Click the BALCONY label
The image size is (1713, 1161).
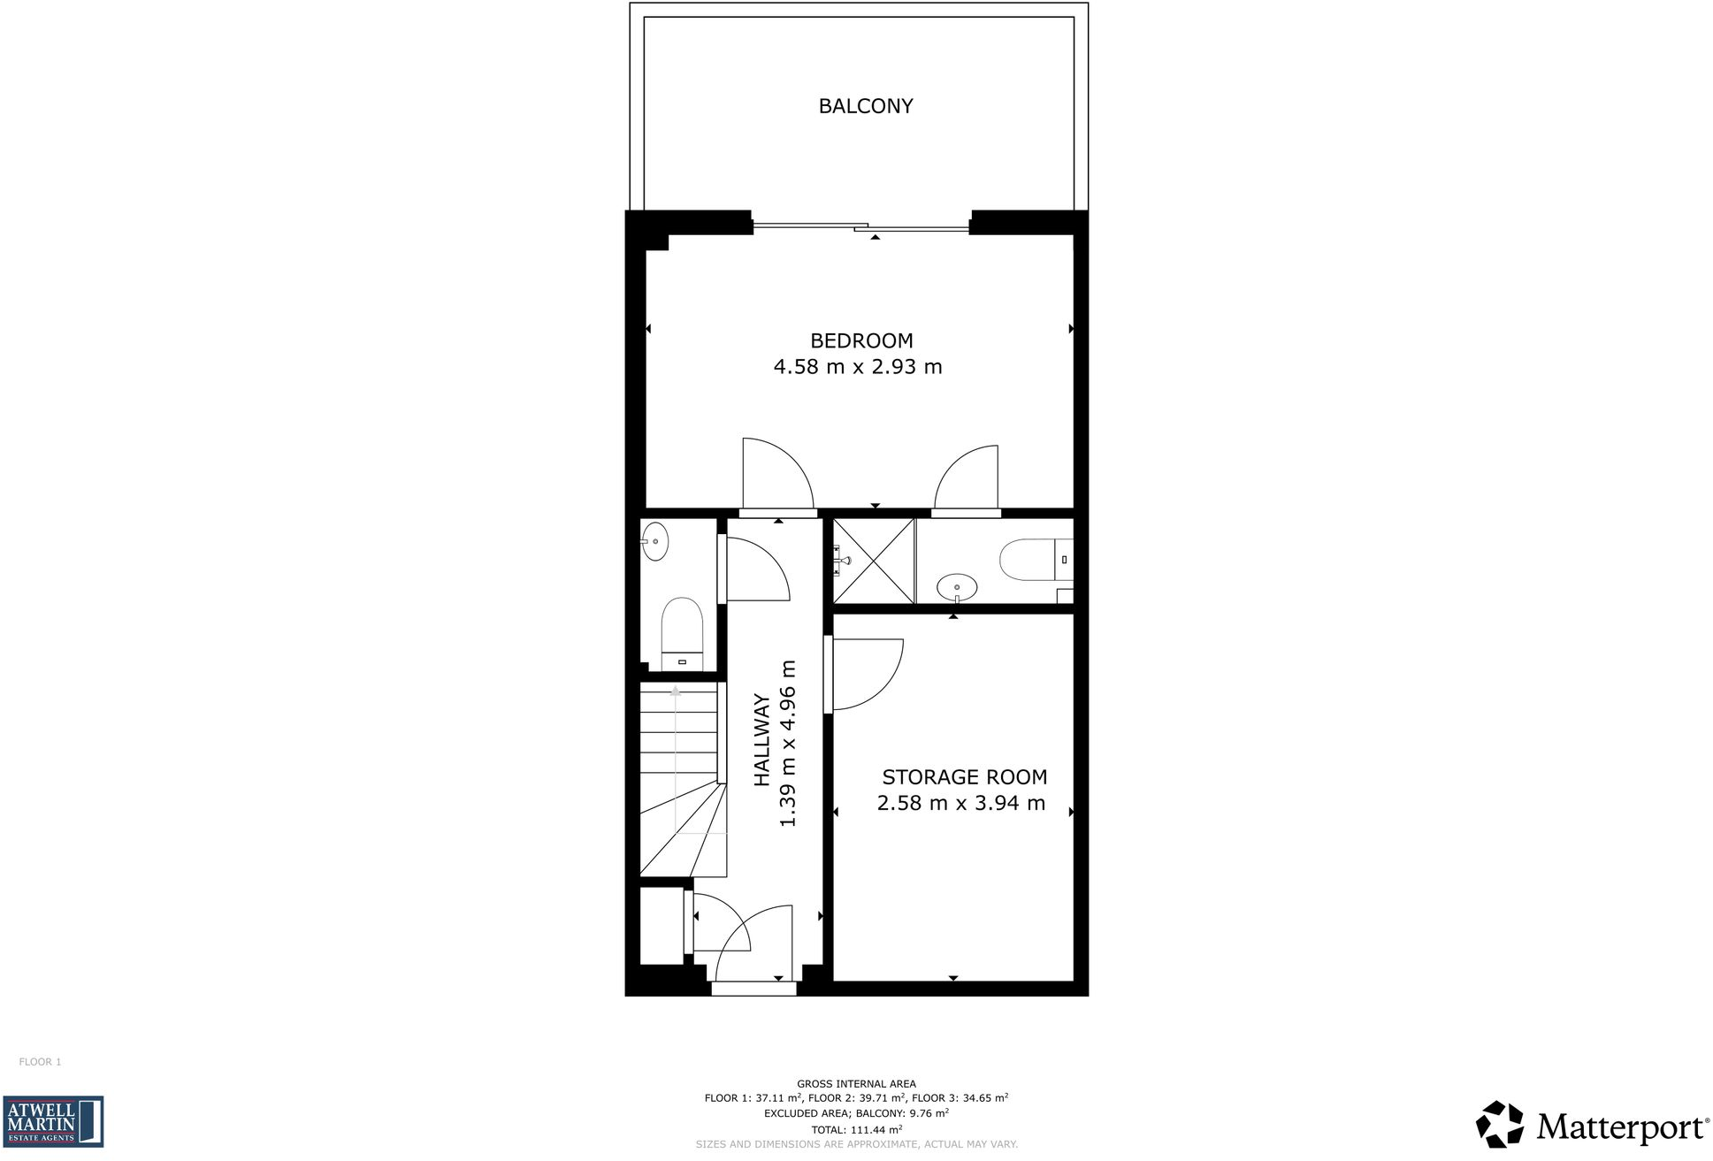(865, 106)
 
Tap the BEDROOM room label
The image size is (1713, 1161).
(861, 340)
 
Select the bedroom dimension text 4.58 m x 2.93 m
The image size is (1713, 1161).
(858, 367)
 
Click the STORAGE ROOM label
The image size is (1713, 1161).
(964, 777)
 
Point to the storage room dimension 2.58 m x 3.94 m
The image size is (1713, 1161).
(961, 803)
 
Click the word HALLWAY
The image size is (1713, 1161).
(761, 741)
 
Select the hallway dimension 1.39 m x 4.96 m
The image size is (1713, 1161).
(788, 743)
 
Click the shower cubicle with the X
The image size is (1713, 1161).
(874, 561)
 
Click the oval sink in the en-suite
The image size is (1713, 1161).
(957, 586)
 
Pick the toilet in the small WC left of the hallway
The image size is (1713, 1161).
(682, 630)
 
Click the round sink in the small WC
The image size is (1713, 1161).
(655, 541)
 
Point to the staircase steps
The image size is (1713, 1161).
(679, 760)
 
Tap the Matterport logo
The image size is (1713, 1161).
(1592, 1125)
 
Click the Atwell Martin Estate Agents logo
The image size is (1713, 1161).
(53, 1121)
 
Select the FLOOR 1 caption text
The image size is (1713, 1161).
(40, 1062)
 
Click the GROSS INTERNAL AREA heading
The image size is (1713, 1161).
(856, 1083)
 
